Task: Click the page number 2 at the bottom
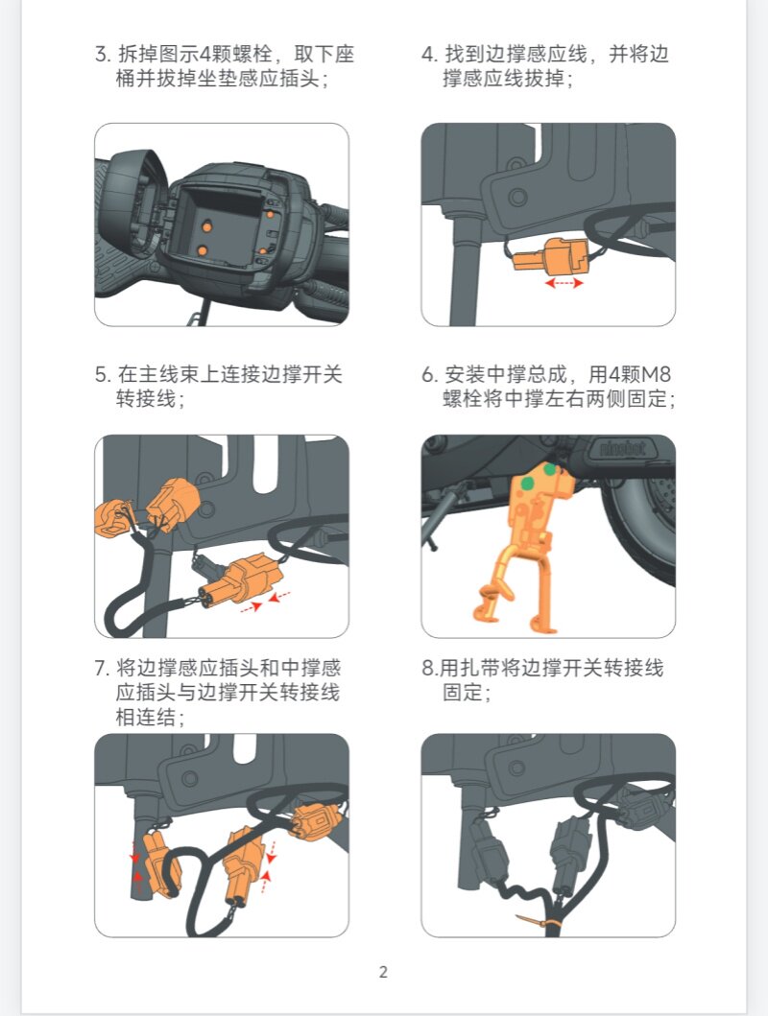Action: tap(383, 972)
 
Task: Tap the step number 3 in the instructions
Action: tap(101, 54)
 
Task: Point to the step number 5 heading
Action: tap(101, 374)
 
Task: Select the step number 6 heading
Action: tap(428, 374)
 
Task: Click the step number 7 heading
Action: tap(100, 668)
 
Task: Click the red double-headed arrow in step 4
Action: tap(564, 282)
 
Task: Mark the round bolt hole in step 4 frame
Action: tap(517, 197)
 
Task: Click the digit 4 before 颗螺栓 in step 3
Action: tap(205, 54)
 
